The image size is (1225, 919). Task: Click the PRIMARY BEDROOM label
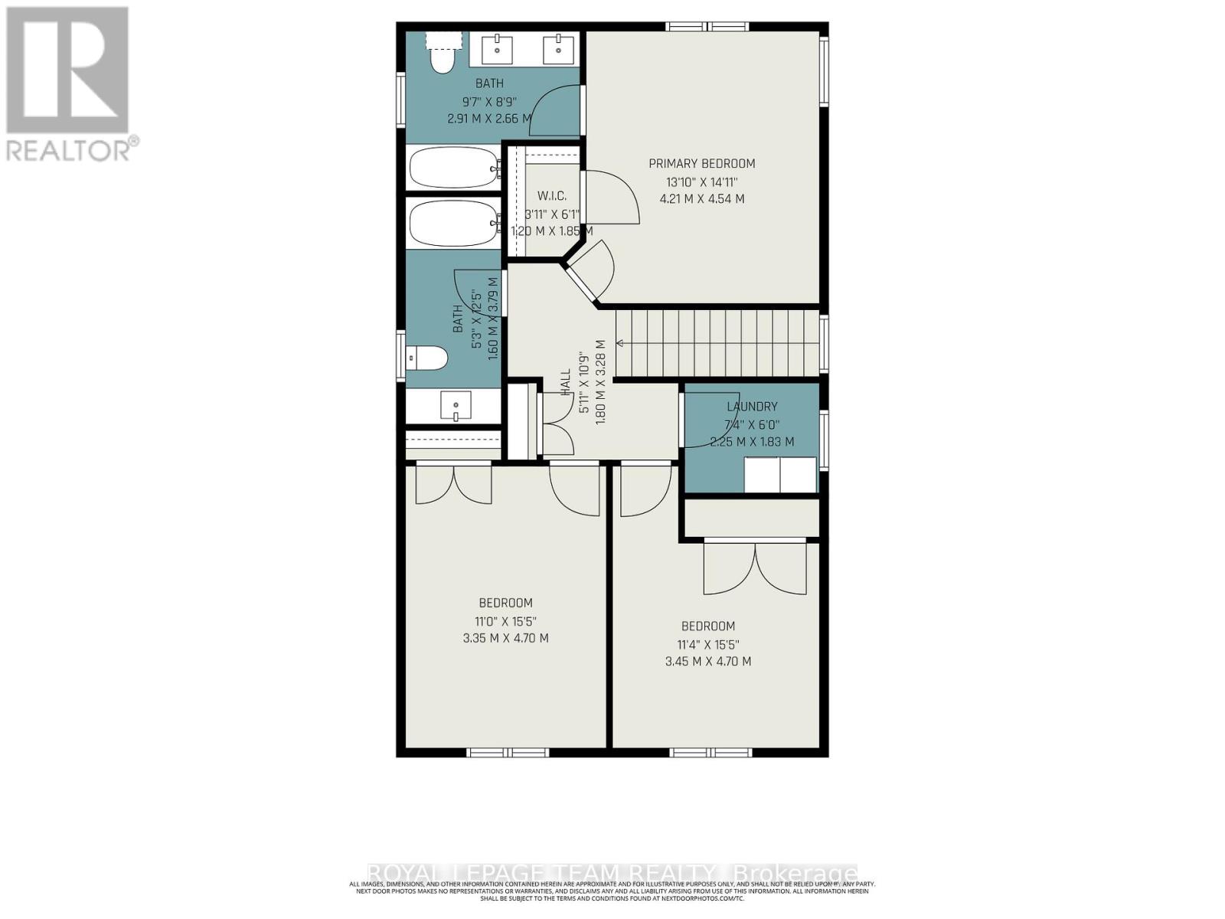[701, 163]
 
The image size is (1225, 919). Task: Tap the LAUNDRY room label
[752, 407]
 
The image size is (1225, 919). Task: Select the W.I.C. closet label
[551, 196]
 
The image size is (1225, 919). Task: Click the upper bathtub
[452, 167]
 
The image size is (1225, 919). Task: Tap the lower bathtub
[452, 224]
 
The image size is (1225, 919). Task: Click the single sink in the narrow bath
[456, 405]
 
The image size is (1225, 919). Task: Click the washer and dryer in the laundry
[780, 474]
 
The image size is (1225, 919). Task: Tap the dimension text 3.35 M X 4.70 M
[505, 638]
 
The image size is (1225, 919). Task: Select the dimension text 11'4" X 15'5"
[707, 645]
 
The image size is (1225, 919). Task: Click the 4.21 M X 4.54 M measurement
[701, 199]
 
